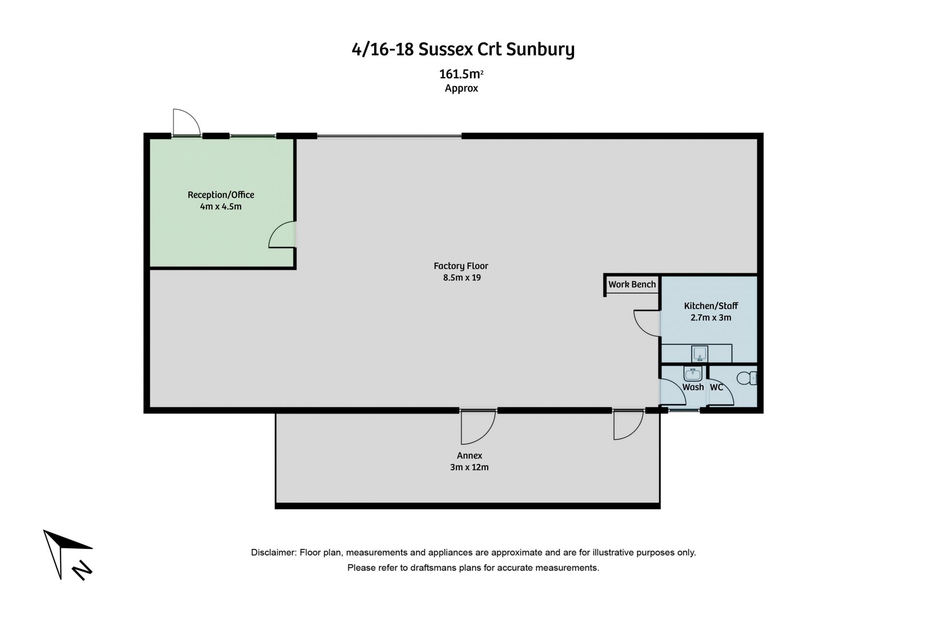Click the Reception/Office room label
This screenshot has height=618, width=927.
(x=221, y=195)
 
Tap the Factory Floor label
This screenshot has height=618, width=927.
(x=461, y=266)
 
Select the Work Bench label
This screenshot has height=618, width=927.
(x=632, y=284)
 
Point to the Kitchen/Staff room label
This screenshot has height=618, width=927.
(x=711, y=306)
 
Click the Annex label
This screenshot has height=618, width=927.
(x=469, y=455)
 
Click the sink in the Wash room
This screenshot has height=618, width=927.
(x=693, y=374)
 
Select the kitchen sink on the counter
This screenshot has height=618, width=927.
(x=700, y=353)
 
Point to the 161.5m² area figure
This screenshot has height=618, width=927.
(x=461, y=74)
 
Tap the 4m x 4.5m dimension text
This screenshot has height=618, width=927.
(x=221, y=207)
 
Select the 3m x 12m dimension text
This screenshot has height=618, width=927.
(x=469, y=467)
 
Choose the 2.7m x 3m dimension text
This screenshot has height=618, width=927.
(x=711, y=318)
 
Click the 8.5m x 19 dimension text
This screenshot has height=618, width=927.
(x=462, y=278)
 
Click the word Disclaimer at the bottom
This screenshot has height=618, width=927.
(x=273, y=552)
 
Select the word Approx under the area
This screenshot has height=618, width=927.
(x=461, y=88)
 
